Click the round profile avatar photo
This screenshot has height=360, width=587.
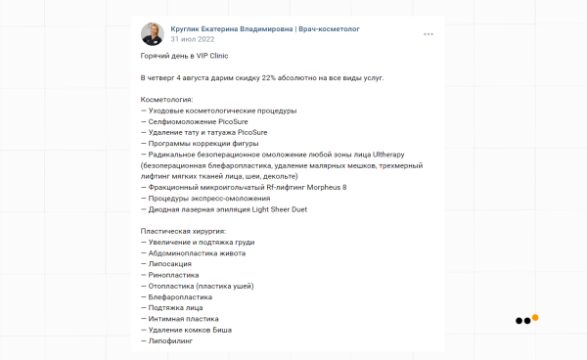[x=153, y=34]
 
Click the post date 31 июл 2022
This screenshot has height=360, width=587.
[x=191, y=40]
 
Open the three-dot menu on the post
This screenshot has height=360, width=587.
[x=428, y=34]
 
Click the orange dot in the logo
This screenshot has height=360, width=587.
[x=535, y=317]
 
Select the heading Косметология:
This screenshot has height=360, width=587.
[x=167, y=99]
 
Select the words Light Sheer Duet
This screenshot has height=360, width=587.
[x=278, y=208]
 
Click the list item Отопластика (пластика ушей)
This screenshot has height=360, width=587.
[x=200, y=286]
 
